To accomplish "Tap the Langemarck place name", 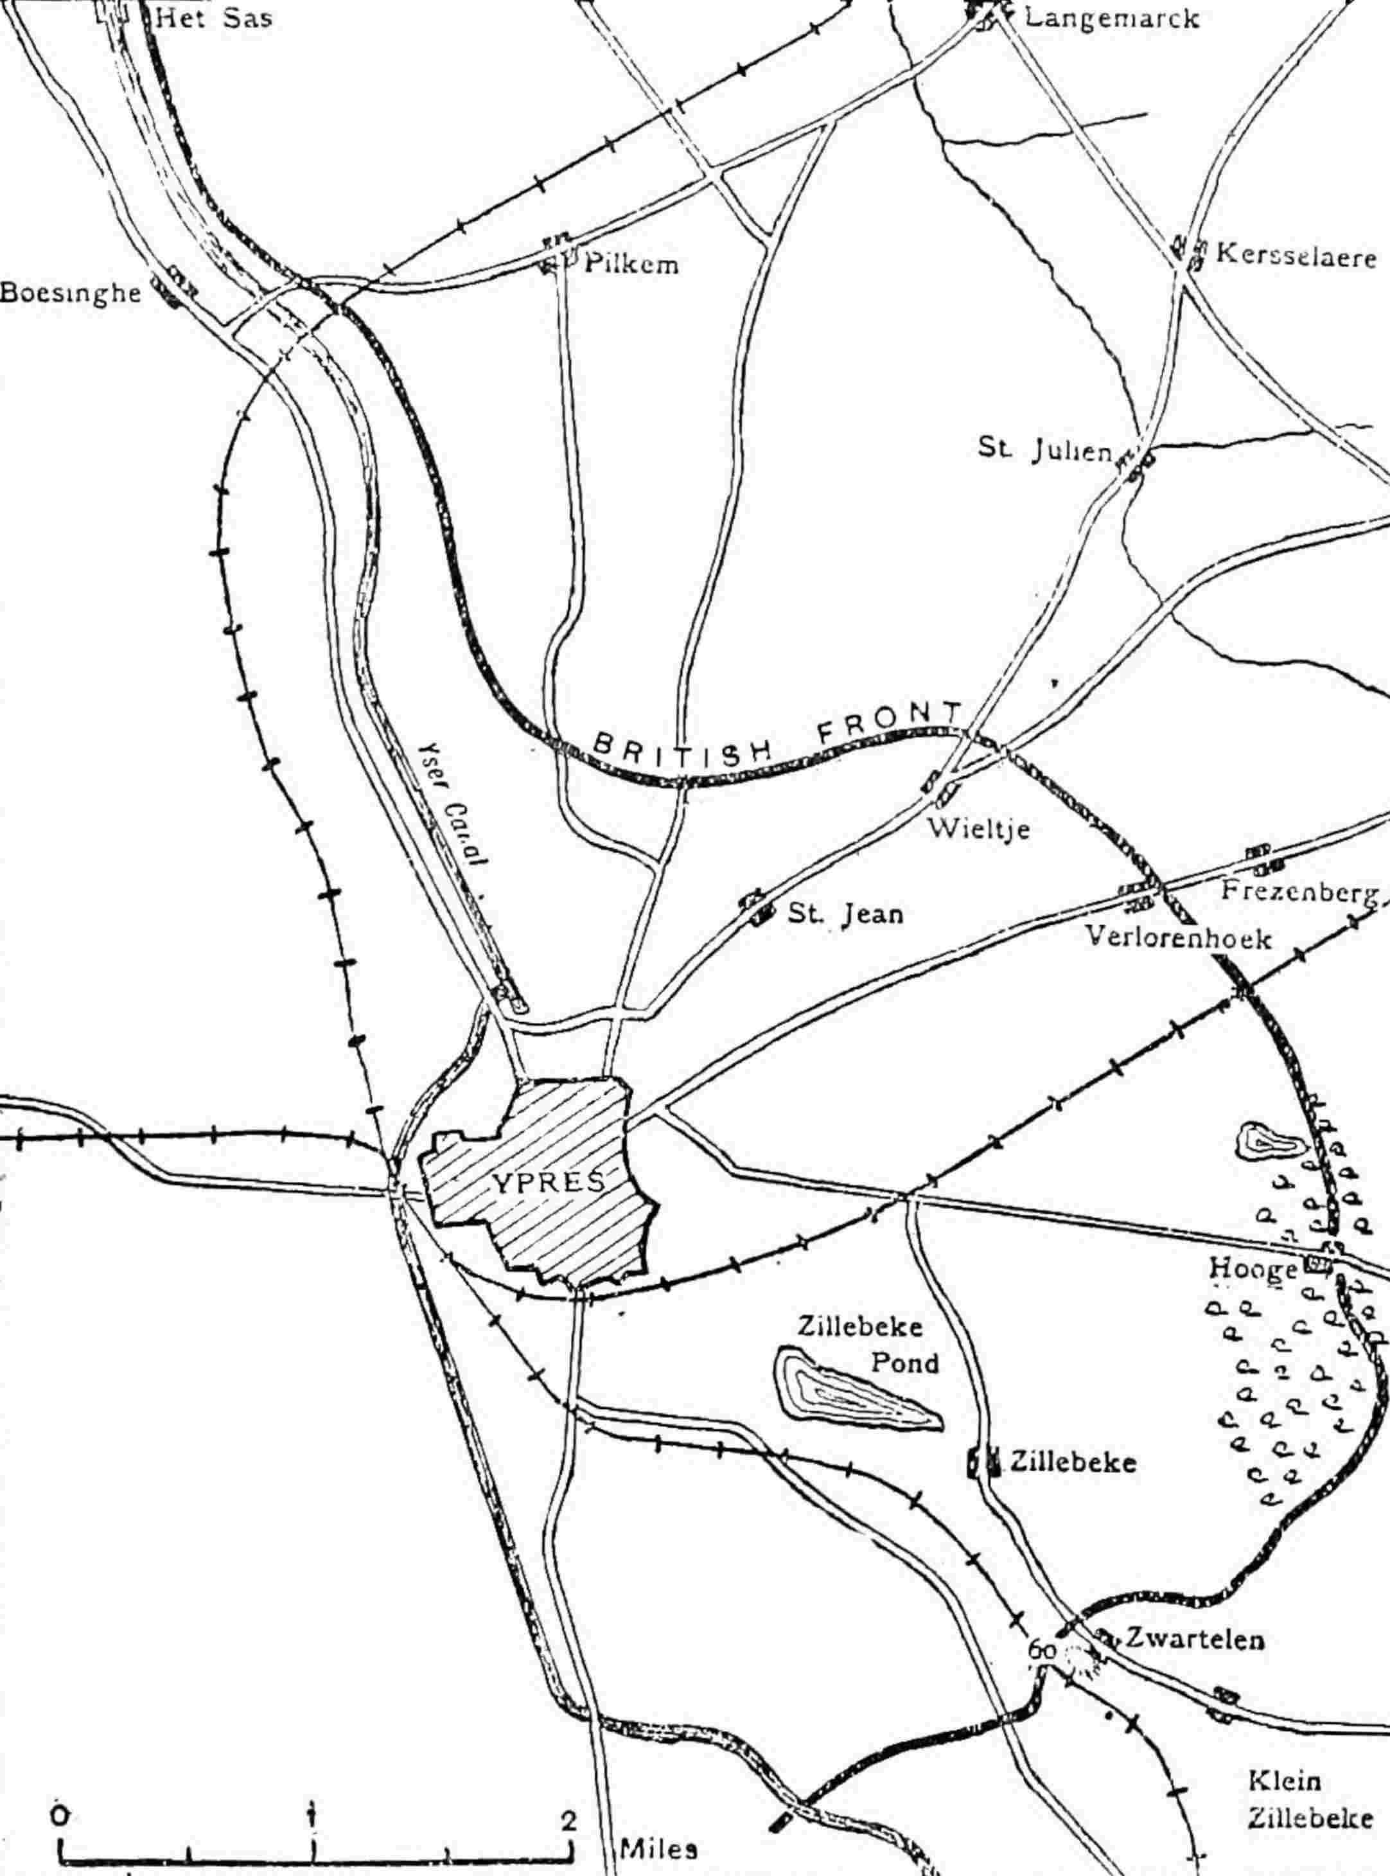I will pos(1110,18).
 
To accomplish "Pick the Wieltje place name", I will pos(978,829).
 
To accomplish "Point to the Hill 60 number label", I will pos(1042,1628).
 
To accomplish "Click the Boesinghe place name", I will pos(70,293).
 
